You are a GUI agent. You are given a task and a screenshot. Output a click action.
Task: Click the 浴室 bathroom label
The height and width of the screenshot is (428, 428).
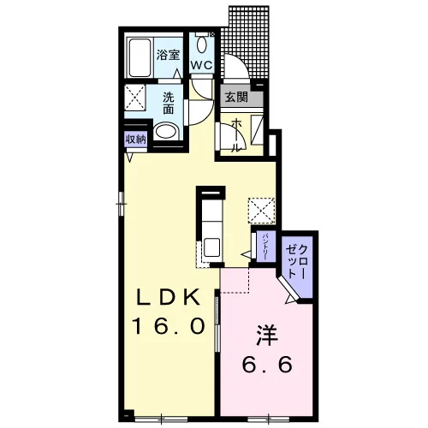pyautogui.click(x=168, y=55)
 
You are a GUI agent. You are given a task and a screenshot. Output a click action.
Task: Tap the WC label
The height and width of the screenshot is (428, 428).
pyautogui.click(x=202, y=65)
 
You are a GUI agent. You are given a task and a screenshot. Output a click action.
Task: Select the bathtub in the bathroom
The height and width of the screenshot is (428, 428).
pyautogui.click(x=140, y=58)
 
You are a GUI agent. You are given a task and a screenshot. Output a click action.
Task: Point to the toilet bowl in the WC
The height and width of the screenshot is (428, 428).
pyautogui.click(x=202, y=45)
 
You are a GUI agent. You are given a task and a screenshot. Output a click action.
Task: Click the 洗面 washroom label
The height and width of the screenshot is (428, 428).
pyautogui.click(x=169, y=104)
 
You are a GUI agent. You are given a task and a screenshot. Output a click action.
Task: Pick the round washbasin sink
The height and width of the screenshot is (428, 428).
pyautogui.click(x=166, y=132)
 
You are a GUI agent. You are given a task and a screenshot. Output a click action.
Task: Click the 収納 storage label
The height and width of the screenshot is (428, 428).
pyautogui.click(x=136, y=140)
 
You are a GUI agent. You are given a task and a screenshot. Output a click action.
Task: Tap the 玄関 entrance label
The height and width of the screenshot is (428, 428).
pyautogui.click(x=236, y=98)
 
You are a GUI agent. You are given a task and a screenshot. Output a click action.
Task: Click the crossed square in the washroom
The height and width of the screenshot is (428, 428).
pyautogui.click(x=135, y=98)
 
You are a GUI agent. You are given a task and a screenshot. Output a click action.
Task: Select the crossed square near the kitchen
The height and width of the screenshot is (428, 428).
pyautogui.click(x=261, y=211)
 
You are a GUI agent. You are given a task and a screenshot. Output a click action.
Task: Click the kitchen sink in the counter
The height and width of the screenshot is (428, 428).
pyautogui.click(x=211, y=247)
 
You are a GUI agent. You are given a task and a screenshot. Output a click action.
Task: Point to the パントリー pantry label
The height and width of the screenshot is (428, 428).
pyautogui.click(x=265, y=247)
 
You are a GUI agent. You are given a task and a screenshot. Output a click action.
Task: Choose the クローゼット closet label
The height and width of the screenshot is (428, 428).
pyautogui.click(x=297, y=262)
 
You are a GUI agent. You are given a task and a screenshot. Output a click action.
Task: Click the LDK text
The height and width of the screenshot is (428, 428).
pyautogui.click(x=168, y=297)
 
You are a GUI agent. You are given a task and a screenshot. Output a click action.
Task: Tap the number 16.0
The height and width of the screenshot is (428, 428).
pyautogui.click(x=169, y=326)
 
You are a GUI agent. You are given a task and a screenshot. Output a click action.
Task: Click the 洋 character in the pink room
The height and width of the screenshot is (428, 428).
pyautogui.click(x=267, y=336)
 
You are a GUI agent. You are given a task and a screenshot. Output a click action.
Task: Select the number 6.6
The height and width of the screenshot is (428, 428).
pyautogui.click(x=267, y=365)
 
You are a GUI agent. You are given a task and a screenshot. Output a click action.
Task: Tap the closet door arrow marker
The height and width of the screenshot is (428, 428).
pyautogui.click(x=290, y=299)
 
